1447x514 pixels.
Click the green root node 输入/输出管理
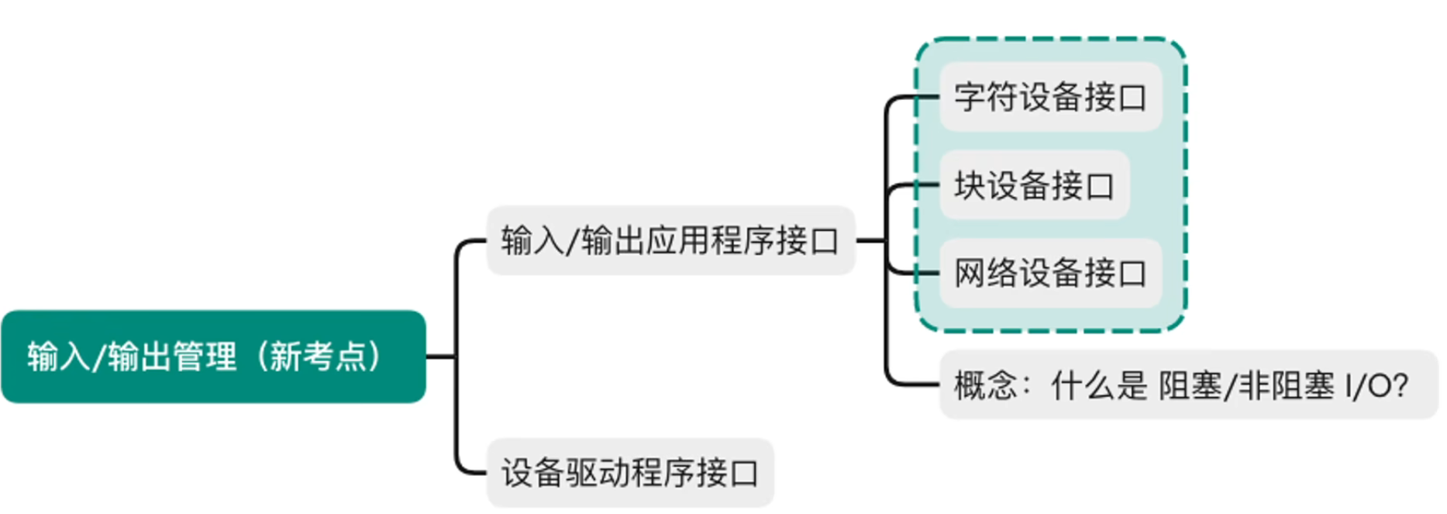coord(213,357)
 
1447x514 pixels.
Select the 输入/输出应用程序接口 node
coord(670,240)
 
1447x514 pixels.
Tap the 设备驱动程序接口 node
coord(629,473)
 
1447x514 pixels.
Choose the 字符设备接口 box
coord(1050,97)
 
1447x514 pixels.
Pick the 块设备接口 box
coord(1034,185)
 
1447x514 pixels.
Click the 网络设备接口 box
coord(1050,273)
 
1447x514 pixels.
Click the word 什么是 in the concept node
coord(1098,385)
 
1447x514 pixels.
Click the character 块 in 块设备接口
coord(969,185)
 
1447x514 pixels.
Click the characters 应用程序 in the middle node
coord(710,240)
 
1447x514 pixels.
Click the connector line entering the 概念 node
coord(911,384)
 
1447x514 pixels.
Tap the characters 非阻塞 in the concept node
coord(1286,385)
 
